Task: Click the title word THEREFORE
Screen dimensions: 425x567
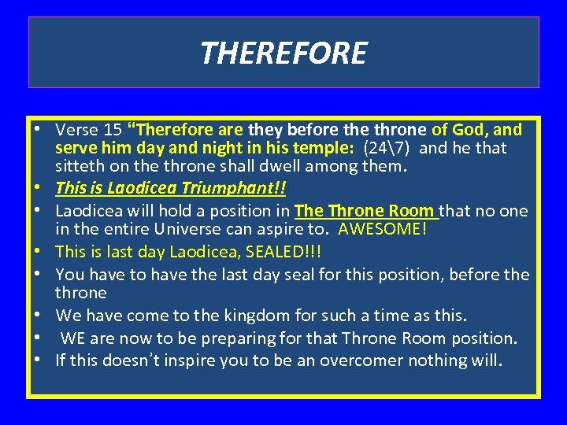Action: click(283, 54)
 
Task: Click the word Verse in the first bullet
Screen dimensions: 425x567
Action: click(76, 129)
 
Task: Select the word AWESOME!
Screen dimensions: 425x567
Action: click(381, 229)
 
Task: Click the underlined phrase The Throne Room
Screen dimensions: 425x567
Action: click(365, 211)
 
